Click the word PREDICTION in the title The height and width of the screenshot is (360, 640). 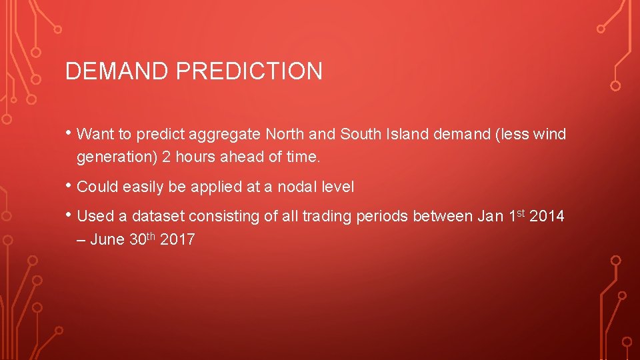(x=249, y=71)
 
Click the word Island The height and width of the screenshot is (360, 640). (x=407, y=135)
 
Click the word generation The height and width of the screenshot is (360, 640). (x=117, y=158)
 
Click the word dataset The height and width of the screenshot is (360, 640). (x=158, y=217)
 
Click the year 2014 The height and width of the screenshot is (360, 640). (x=547, y=217)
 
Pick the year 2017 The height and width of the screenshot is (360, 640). (x=177, y=240)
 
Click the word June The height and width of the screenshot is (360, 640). (x=107, y=240)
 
